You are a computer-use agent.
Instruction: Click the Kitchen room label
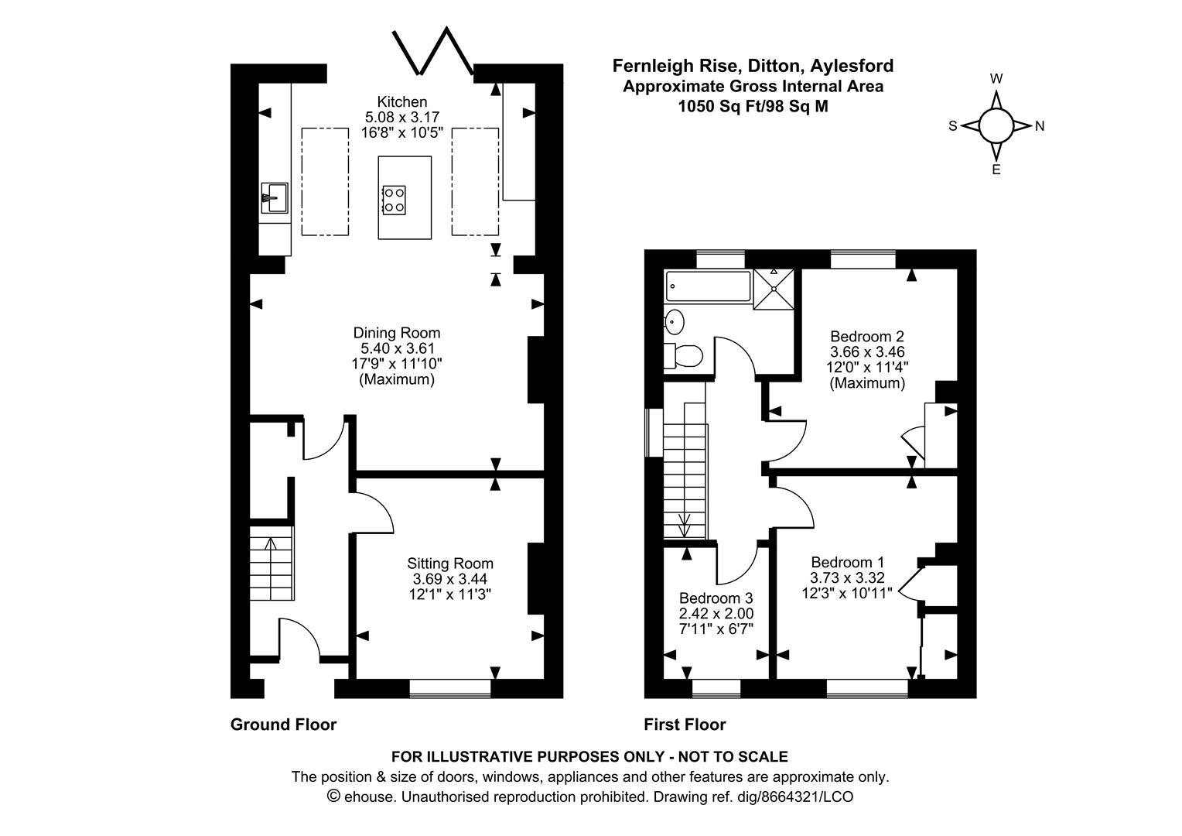point(401,101)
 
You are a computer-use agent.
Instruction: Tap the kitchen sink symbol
point(274,197)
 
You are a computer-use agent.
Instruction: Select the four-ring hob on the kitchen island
point(394,198)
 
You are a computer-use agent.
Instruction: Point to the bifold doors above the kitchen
point(433,53)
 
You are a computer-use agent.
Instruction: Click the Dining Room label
point(396,333)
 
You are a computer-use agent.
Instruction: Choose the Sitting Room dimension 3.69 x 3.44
point(450,579)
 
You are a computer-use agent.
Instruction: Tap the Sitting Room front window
point(450,687)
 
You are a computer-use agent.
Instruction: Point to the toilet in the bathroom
point(683,356)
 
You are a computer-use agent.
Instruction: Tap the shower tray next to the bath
point(774,289)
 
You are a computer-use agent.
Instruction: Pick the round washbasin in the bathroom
point(675,319)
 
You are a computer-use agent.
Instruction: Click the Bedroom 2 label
point(866,337)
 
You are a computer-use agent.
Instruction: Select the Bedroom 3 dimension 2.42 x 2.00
point(716,613)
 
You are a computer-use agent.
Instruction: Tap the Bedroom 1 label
point(847,562)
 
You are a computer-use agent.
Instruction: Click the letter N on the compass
point(1040,126)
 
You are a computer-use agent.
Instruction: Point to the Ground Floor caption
point(283,725)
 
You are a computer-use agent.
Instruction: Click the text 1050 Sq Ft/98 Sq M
point(752,107)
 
